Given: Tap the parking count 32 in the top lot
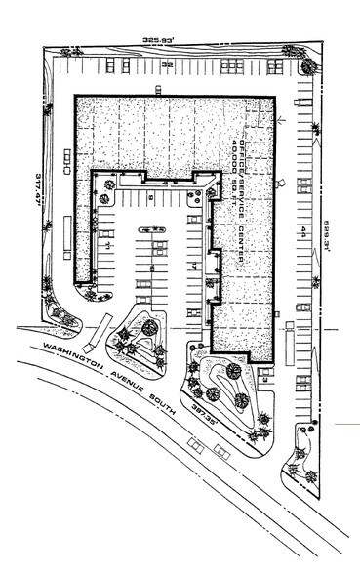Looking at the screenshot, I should tap(167, 66).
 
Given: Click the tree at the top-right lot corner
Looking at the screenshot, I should tap(307, 67).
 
